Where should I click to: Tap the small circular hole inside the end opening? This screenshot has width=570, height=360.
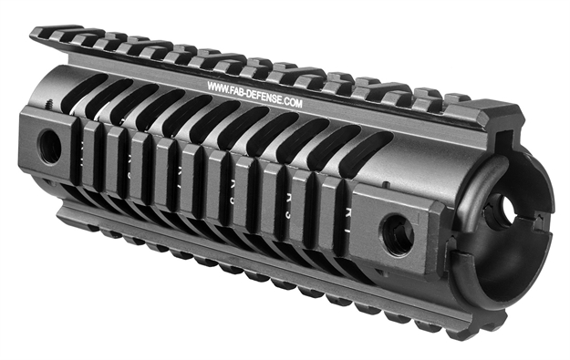point(501,211)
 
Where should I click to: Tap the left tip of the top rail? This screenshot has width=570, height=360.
point(36,35)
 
